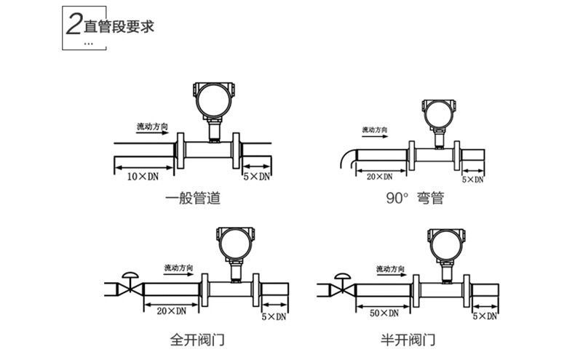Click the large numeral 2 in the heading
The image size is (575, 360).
74,25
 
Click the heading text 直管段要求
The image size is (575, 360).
119,26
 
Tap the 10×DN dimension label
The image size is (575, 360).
143,176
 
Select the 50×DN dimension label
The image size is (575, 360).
384,313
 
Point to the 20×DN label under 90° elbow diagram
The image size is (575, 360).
379,177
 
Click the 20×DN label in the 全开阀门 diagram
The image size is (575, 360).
172,311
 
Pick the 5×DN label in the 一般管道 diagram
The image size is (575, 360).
257,176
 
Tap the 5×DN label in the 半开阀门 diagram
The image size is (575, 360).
485,316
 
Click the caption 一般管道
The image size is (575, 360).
193,199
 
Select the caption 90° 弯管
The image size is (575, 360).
415,198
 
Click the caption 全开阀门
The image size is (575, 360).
197,340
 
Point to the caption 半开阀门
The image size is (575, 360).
408,340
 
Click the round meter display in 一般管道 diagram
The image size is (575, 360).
213,100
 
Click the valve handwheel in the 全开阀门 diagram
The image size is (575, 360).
130,275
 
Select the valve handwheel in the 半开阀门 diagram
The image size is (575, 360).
343,276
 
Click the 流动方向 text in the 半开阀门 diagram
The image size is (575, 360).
391,268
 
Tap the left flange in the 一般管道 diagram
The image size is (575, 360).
180,151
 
